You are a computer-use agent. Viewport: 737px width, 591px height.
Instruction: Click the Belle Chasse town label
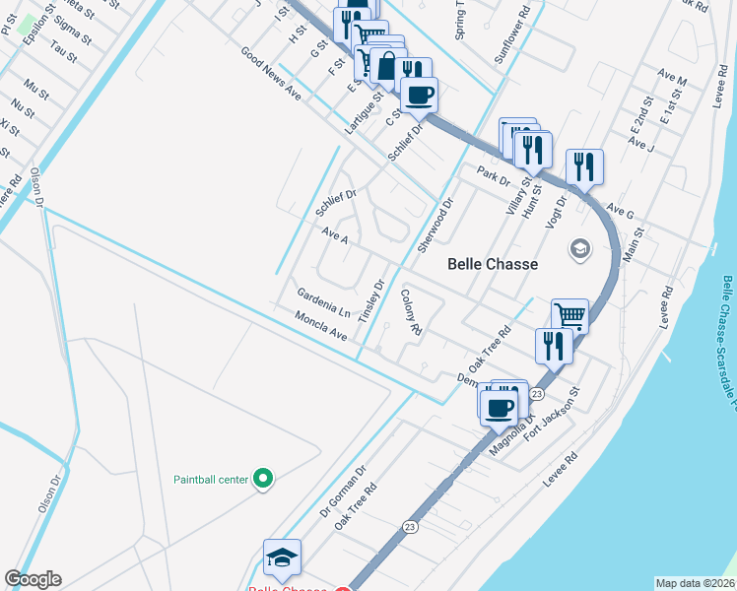(493, 264)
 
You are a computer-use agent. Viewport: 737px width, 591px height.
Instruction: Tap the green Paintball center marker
(262, 480)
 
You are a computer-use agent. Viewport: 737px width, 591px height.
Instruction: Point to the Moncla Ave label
(321, 326)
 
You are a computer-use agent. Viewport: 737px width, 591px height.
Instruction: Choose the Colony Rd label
(411, 310)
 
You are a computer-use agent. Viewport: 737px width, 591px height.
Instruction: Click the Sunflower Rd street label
(514, 36)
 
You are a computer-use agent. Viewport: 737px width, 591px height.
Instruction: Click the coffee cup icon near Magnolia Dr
(501, 407)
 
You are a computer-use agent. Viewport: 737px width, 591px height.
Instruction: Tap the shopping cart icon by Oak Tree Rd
(569, 315)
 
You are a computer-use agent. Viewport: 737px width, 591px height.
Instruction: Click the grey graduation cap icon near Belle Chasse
(579, 249)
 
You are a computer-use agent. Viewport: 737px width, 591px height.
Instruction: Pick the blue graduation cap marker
(282, 557)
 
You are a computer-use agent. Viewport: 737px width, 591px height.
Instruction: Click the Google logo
(33, 579)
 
